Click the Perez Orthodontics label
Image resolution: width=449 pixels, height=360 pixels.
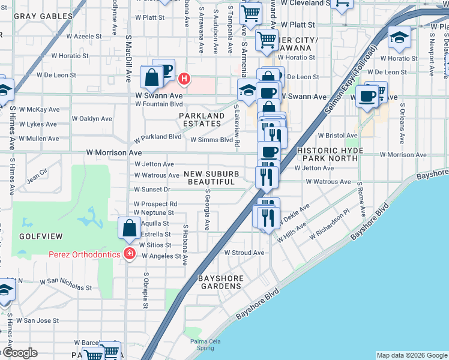pyautogui.click(x=85, y=254)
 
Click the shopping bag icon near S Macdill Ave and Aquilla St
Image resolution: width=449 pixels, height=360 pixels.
pyautogui.click(x=129, y=228)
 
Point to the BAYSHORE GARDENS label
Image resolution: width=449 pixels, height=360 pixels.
pyautogui.click(x=220, y=282)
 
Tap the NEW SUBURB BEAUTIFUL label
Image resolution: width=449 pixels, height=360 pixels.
pyautogui.click(x=209, y=178)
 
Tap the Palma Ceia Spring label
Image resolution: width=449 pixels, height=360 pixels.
pyautogui.click(x=203, y=344)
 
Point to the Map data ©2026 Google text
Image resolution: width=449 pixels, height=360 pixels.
pyautogui.click(x=411, y=355)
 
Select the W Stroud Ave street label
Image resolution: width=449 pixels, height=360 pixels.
pyautogui.click(x=244, y=253)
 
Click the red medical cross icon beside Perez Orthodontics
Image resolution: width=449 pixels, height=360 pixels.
pyautogui.click(x=128, y=254)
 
